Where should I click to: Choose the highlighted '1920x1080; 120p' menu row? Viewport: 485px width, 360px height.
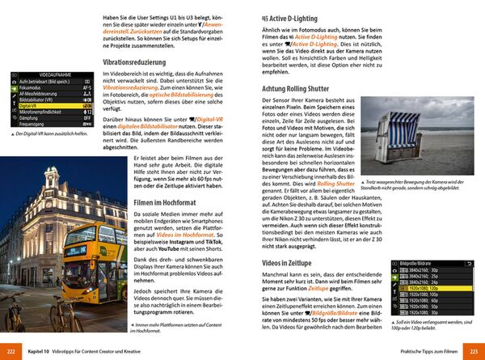pos(420,286)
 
